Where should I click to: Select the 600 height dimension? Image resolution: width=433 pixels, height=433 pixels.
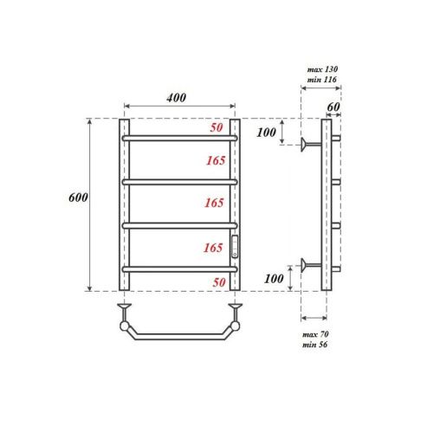click(x=77, y=198)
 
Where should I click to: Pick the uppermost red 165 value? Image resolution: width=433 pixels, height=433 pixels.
click(x=216, y=160)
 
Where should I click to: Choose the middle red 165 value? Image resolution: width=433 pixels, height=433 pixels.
click(x=216, y=203)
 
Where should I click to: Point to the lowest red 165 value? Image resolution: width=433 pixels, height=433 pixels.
click(x=216, y=248)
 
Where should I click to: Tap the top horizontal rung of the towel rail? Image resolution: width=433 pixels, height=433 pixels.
click(x=179, y=138)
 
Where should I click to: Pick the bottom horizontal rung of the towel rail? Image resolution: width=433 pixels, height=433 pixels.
click(x=179, y=269)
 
